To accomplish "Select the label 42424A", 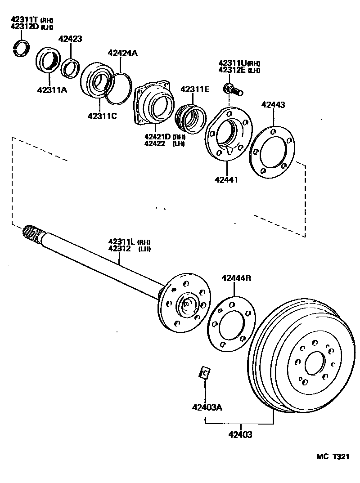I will tap(122, 53).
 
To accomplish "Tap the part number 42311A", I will tap(52, 89).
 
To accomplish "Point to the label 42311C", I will tap(102, 116).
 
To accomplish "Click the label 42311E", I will tap(195, 89).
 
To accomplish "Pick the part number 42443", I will tap(273, 105).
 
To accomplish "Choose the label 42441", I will tap(226, 179).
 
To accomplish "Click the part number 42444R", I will tap(236, 278).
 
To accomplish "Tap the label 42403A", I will tap(207, 408).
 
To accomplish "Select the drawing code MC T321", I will tap(333, 456).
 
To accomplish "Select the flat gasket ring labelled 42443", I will tap(272, 152).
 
